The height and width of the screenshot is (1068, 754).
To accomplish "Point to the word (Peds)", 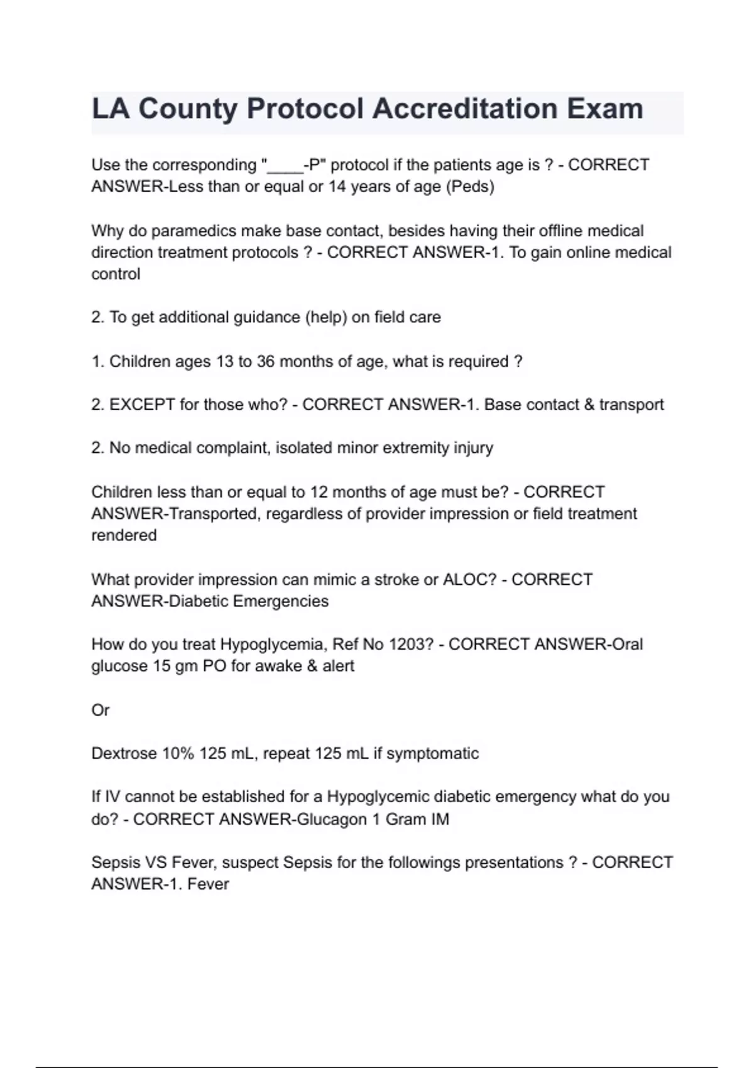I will [470, 187].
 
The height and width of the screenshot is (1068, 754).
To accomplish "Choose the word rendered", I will [124, 535].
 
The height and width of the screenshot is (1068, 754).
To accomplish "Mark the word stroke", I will [397, 579].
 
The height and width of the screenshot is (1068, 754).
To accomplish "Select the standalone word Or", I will [101, 711].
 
